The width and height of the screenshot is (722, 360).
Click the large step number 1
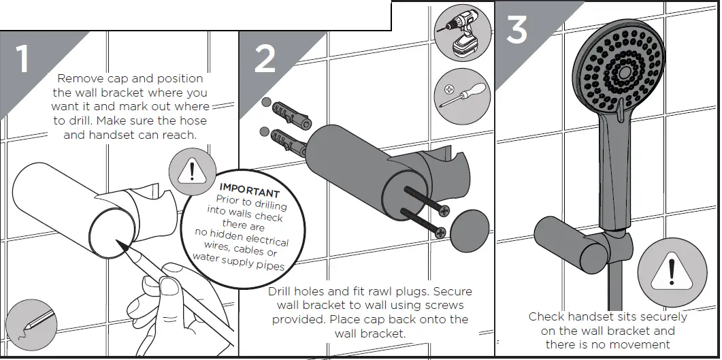(22, 59)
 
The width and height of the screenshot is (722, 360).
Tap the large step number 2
(265, 59)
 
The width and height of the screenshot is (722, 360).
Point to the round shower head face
(623, 68)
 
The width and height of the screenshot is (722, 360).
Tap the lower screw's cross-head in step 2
(440, 233)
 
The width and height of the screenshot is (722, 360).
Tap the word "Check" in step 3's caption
(548, 317)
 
